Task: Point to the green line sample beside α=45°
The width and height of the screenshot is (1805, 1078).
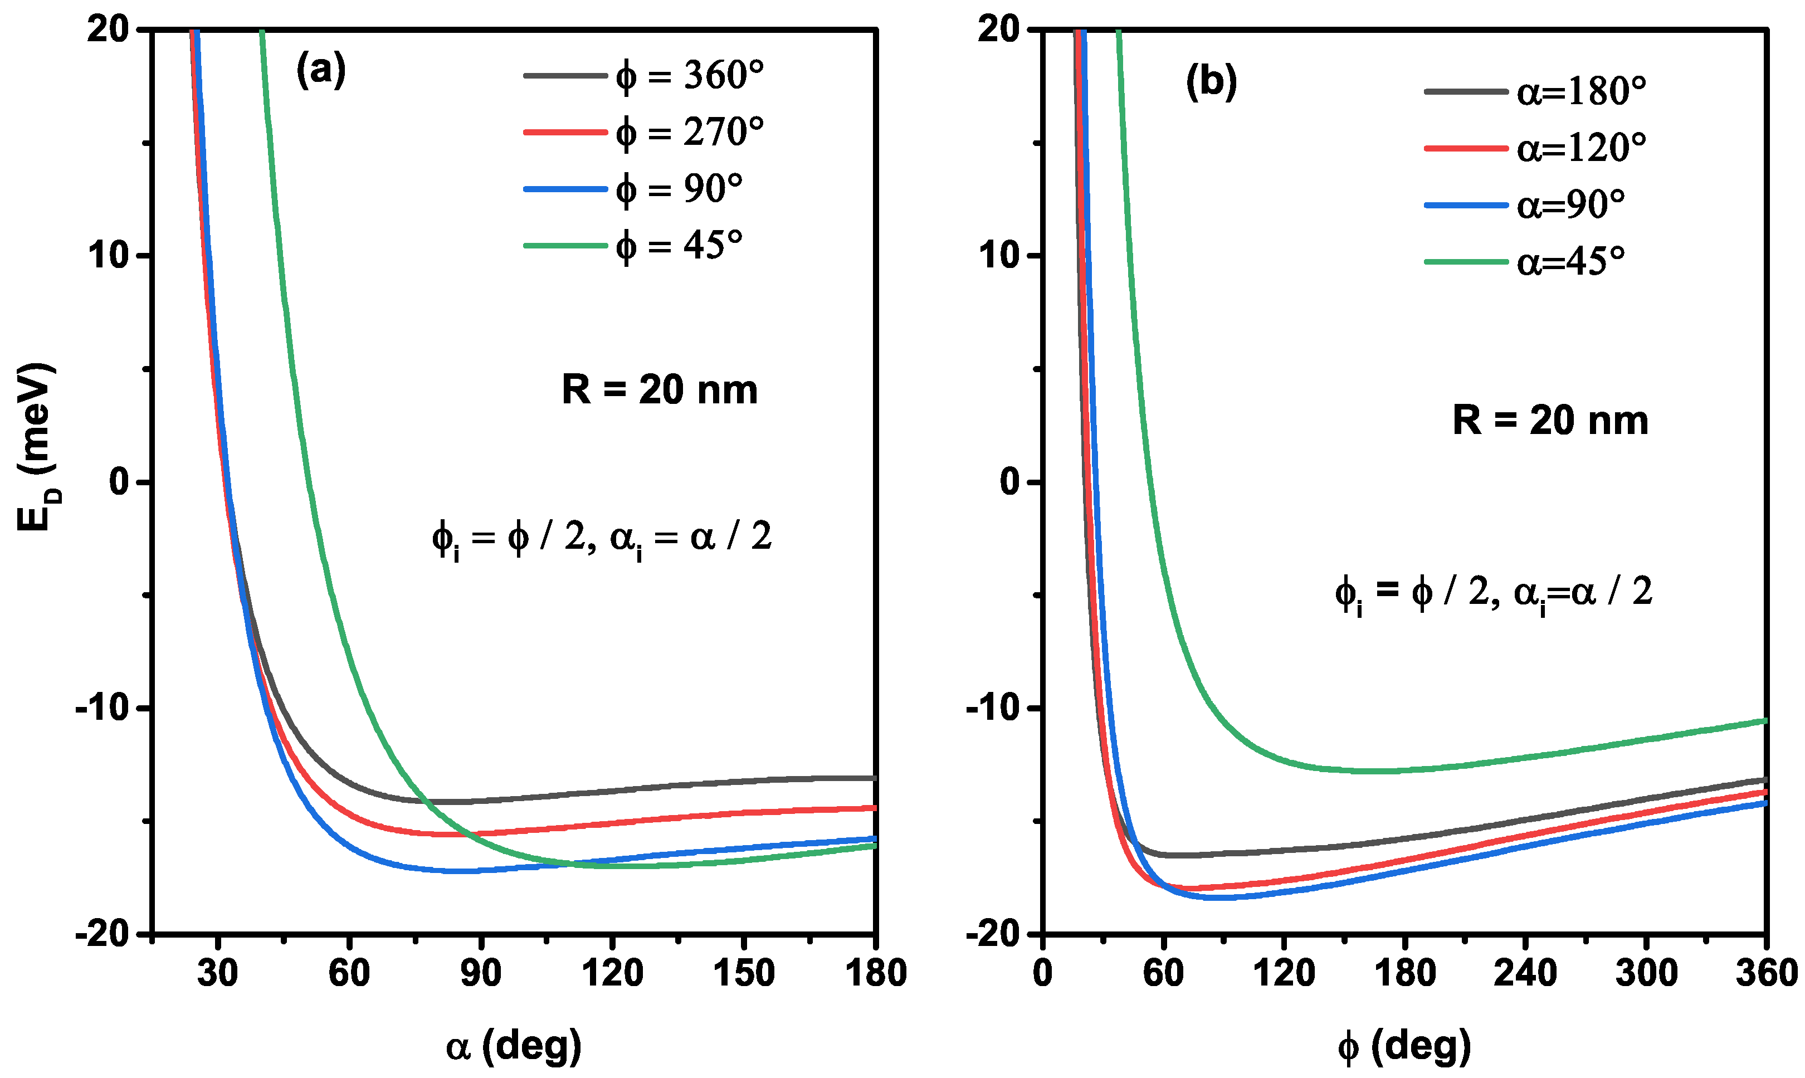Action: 1466,261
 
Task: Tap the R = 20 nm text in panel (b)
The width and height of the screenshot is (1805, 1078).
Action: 1550,421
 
